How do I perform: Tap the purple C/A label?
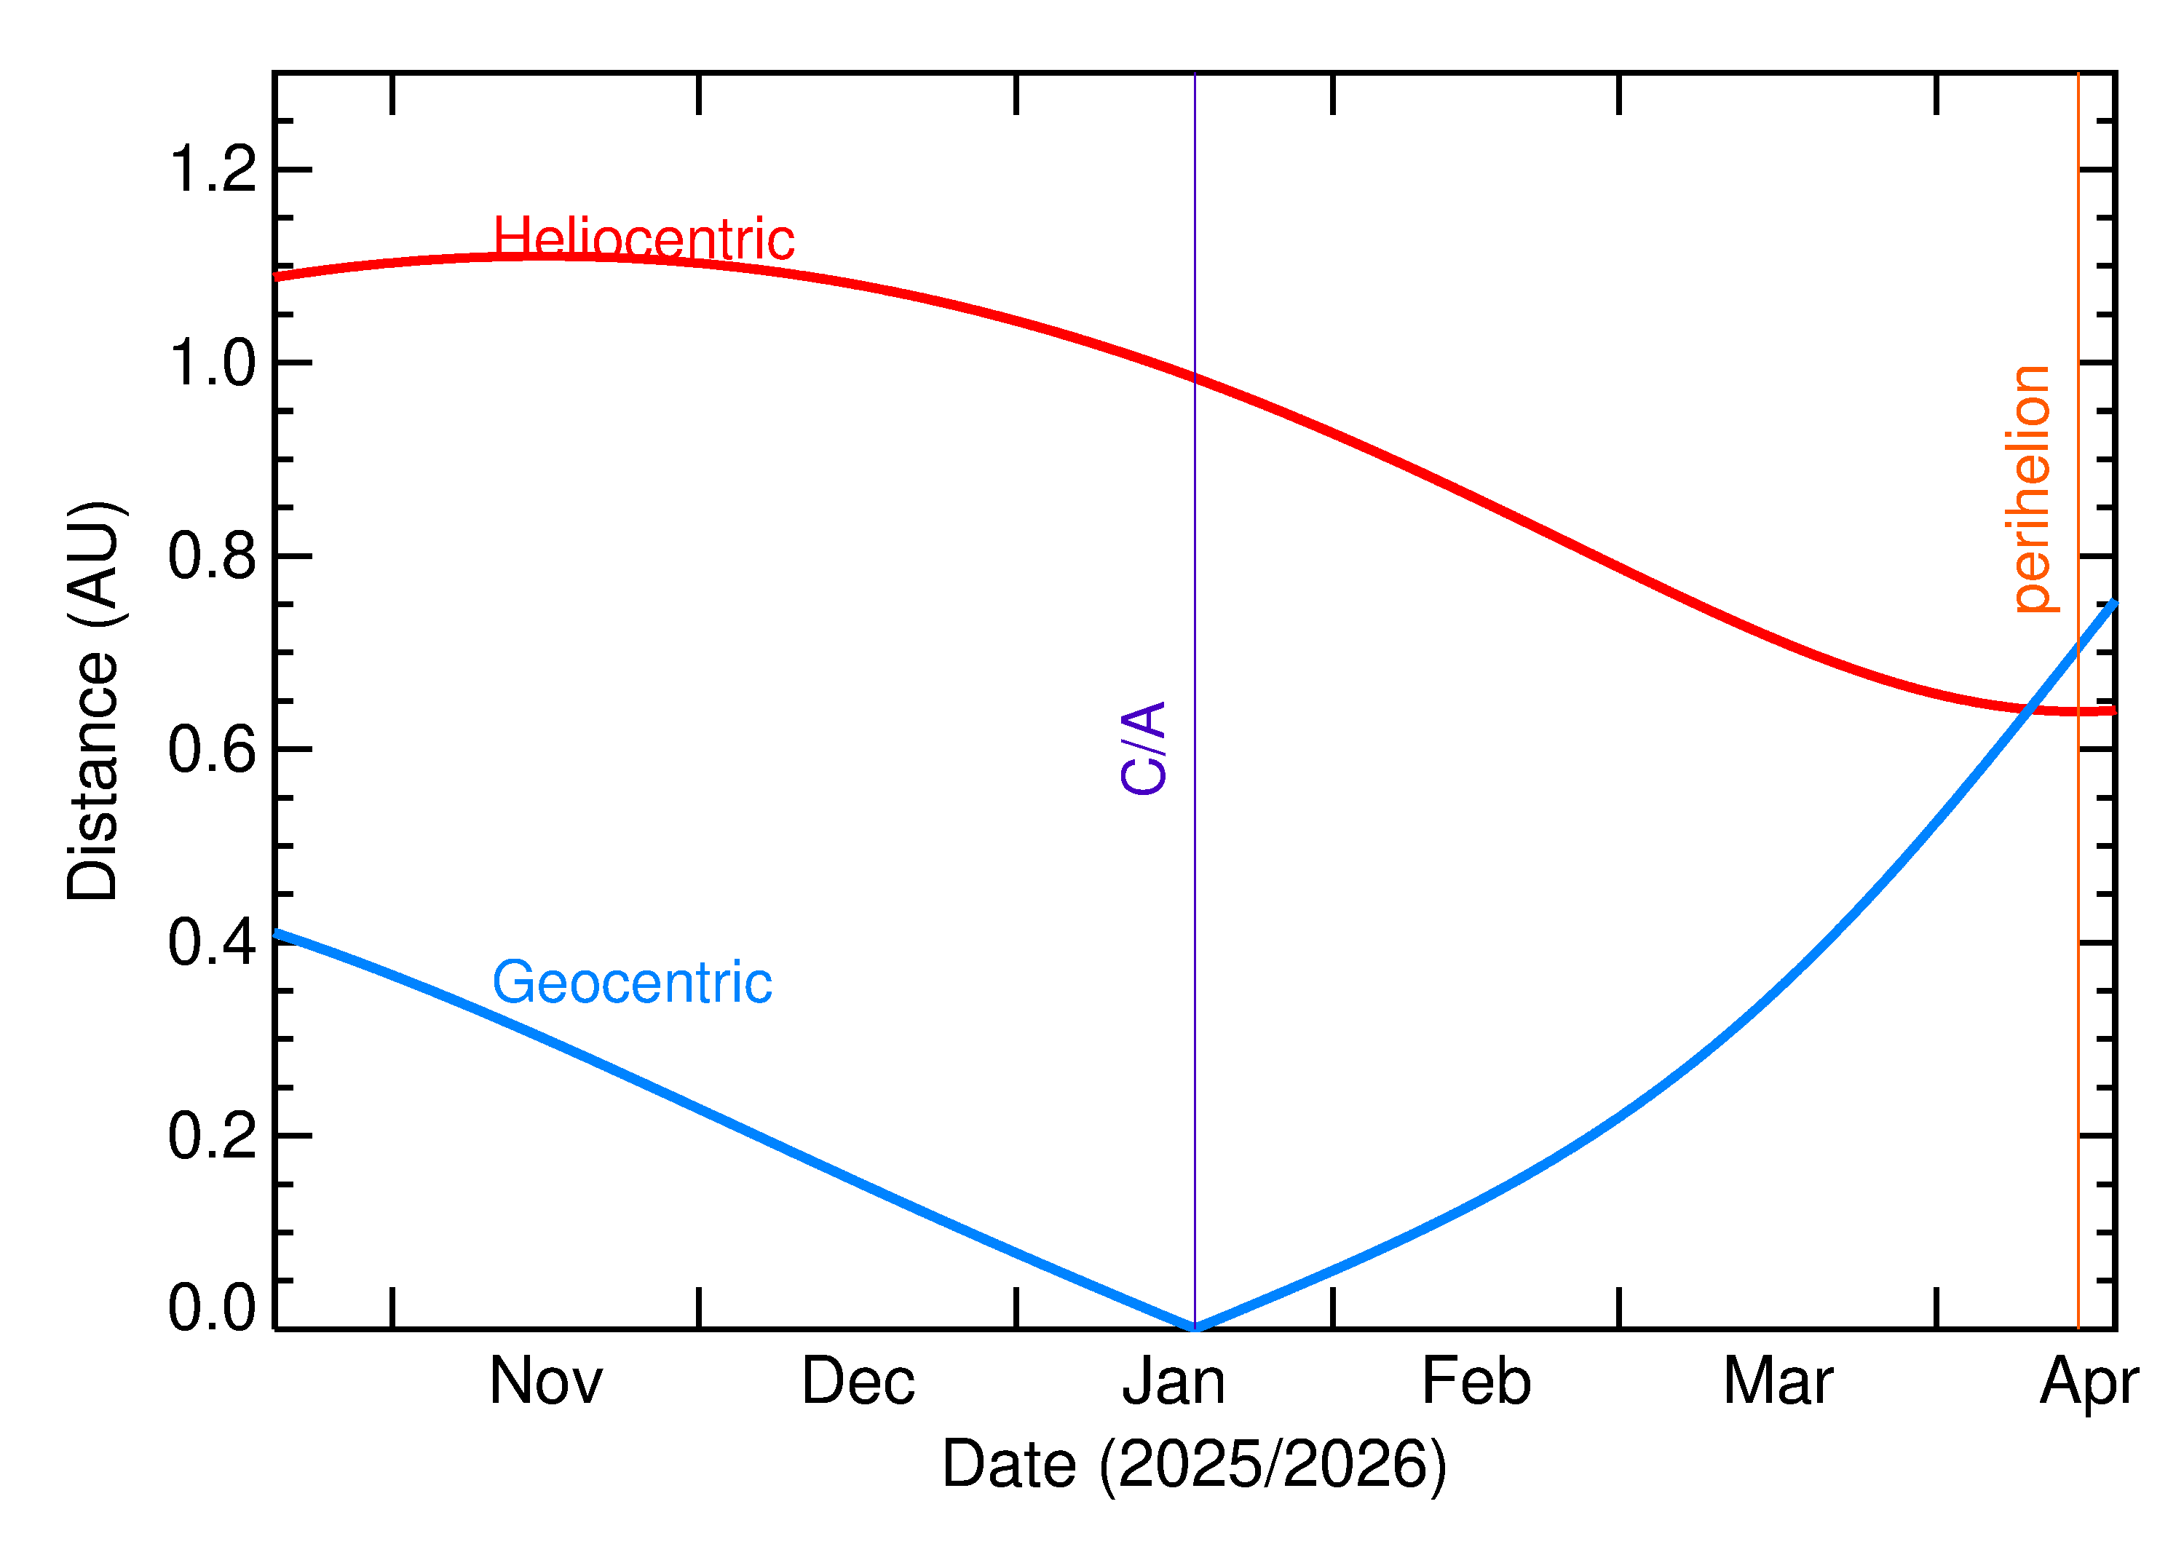(x=1144, y=748)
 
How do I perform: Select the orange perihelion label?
(x=2032, y=488)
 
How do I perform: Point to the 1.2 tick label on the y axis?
(x=213, y=169)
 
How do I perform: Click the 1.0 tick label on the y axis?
(x=213, y=363)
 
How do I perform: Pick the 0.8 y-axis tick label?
(x=213, y=556)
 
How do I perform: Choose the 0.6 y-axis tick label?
(x=213, y=750)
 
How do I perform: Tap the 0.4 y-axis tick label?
(x=213, y=943)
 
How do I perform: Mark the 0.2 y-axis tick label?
(x=213, y=1136)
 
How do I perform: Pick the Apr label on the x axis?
(x=2089, y=1383)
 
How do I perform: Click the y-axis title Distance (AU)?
(x=92, y=700)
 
